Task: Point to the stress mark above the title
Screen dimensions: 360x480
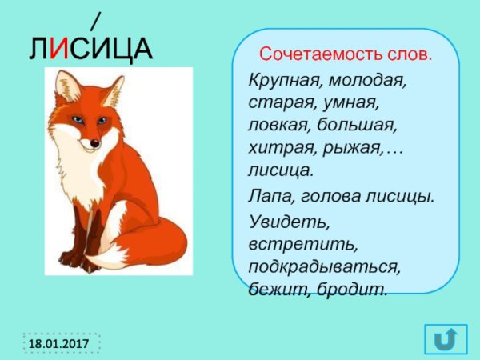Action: tap(95, 18)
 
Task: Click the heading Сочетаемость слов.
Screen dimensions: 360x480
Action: tap(344, 56)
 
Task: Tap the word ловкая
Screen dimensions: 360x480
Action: tap(278, 126)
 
